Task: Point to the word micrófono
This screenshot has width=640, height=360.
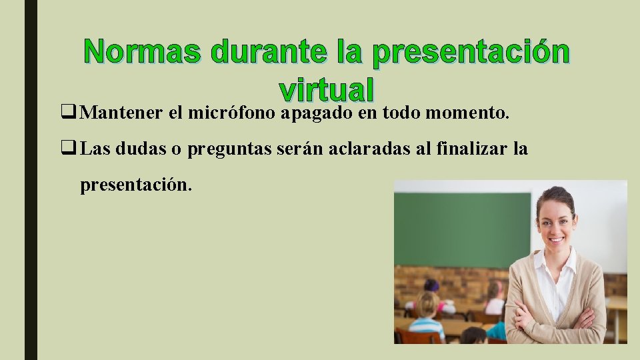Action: click(x=233, y=113)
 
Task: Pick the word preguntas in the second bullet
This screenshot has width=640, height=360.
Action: click(x=227, y=149)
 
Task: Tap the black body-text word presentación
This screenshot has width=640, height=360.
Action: click(x=136, y=185)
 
